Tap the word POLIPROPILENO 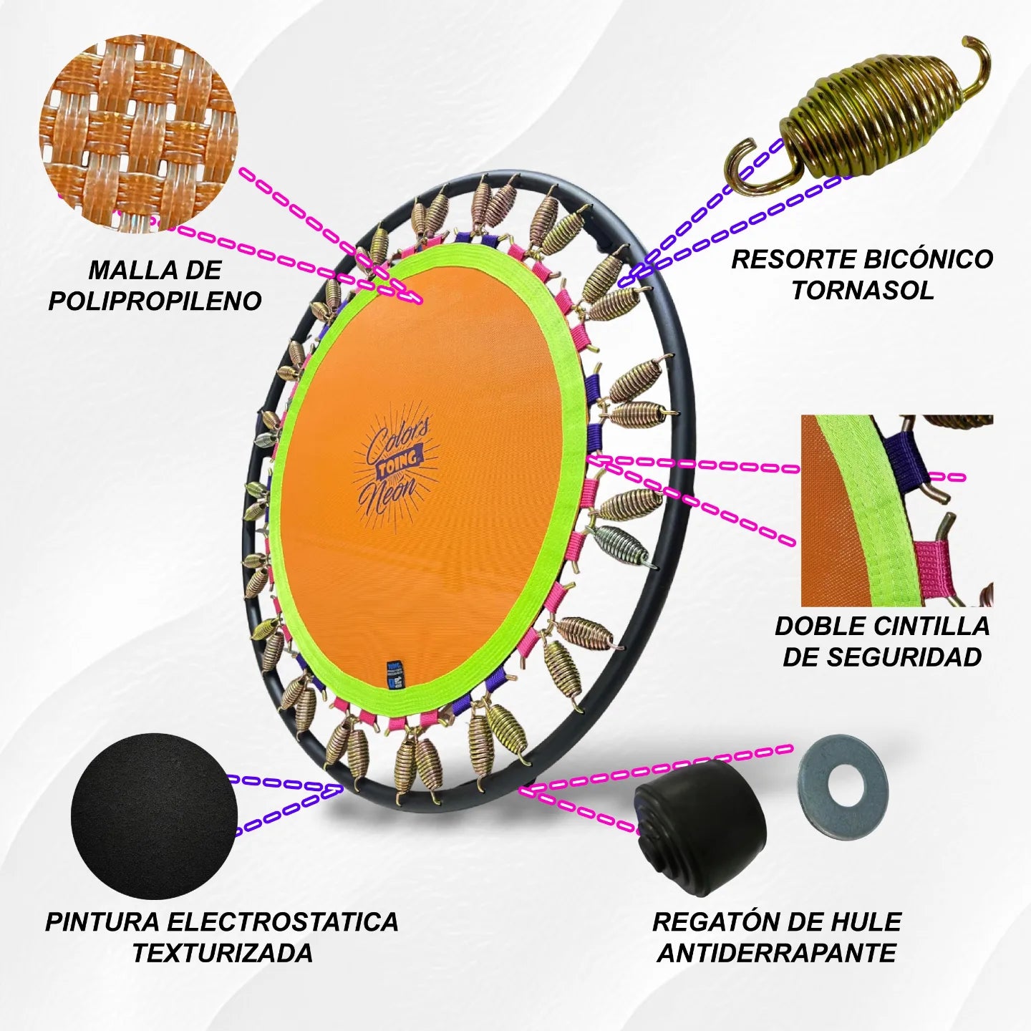tap(155, 301)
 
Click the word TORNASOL tap(863, 290)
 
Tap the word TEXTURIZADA tap(223, 953)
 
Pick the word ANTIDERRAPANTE tap(777, 953)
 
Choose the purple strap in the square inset tap(906, 456)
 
